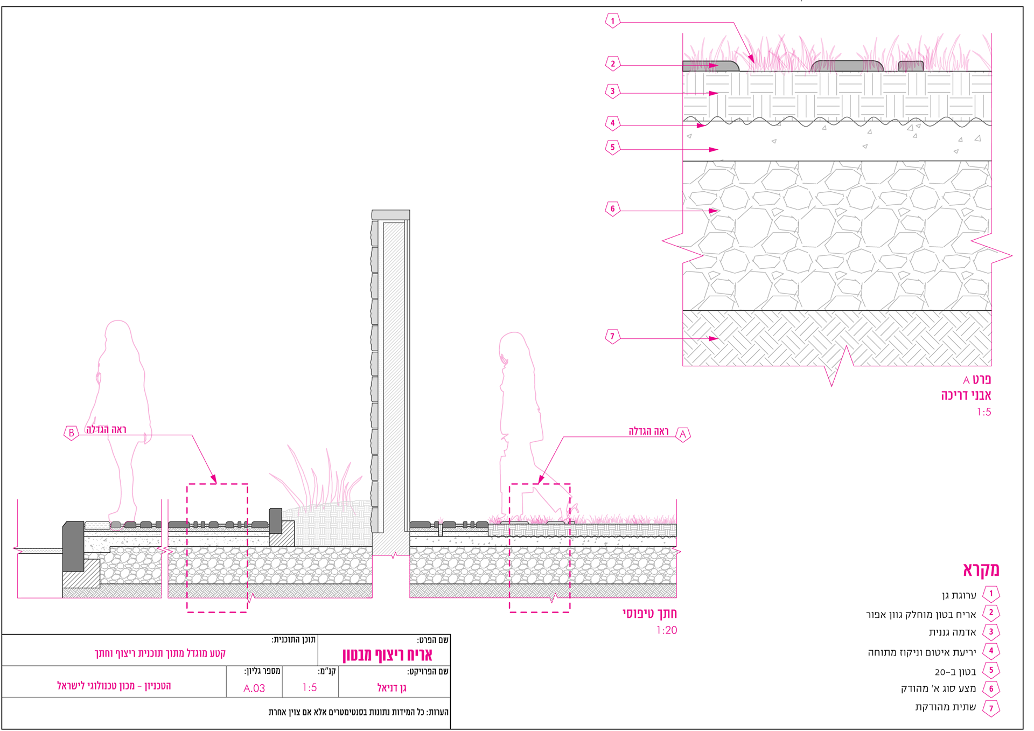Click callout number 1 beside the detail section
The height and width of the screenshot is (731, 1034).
pos(612,21)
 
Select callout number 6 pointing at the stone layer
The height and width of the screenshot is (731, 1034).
pos(612,209)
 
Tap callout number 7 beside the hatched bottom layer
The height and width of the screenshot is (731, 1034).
pos(612,337)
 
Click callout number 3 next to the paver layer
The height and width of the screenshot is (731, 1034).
pos(612,91)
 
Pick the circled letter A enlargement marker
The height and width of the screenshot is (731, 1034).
pos(683,434)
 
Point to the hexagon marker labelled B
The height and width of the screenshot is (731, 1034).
pos(71,433)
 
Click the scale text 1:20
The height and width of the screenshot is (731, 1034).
pos(666,630)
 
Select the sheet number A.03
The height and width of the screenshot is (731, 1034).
pos(254,688)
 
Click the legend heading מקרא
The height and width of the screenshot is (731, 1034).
pos(981,570)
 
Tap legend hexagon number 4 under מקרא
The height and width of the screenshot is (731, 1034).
pos(991,651)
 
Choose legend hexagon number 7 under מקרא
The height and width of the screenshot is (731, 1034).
pos(991,708)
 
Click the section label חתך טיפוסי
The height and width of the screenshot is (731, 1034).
pos(649,614)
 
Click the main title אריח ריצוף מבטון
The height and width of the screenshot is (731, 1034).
pos(387,655)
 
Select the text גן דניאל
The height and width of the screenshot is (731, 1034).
pos(392,688)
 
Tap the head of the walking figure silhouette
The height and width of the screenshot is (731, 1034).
pos(513,346)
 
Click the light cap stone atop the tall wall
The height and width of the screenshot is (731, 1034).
pos(390,215)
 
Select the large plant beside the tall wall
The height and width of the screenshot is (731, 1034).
pos(318,482)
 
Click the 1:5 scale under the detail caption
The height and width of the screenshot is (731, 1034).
pos(984,412)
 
